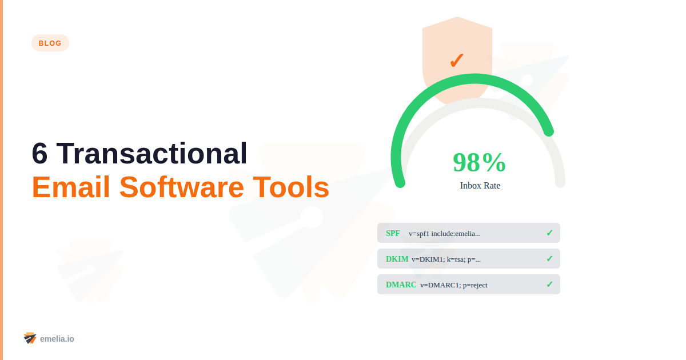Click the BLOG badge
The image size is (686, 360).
pos(50,43)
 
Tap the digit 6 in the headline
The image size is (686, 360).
pos(39,154)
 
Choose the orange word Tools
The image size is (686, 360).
pos(291,187)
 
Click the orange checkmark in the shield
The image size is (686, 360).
pos(457,60)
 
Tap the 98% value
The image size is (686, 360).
pos(479,162)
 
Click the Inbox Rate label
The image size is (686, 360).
pos(480,186)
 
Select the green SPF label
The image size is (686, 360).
pos(393,233)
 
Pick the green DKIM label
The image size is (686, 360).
pos(397,259)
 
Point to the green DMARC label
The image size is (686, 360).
pos(401,285)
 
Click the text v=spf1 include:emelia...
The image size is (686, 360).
pos(444,234)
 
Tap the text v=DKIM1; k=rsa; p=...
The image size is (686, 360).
pos(446,259)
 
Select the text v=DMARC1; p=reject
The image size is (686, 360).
pos(453,285)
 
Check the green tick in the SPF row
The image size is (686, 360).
pos(549,233)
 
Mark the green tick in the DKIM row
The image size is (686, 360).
pos(549,259)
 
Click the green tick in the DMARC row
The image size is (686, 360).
pos(549,285)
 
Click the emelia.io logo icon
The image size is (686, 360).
pos(30,338)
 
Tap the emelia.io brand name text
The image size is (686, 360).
pos(57,339)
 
